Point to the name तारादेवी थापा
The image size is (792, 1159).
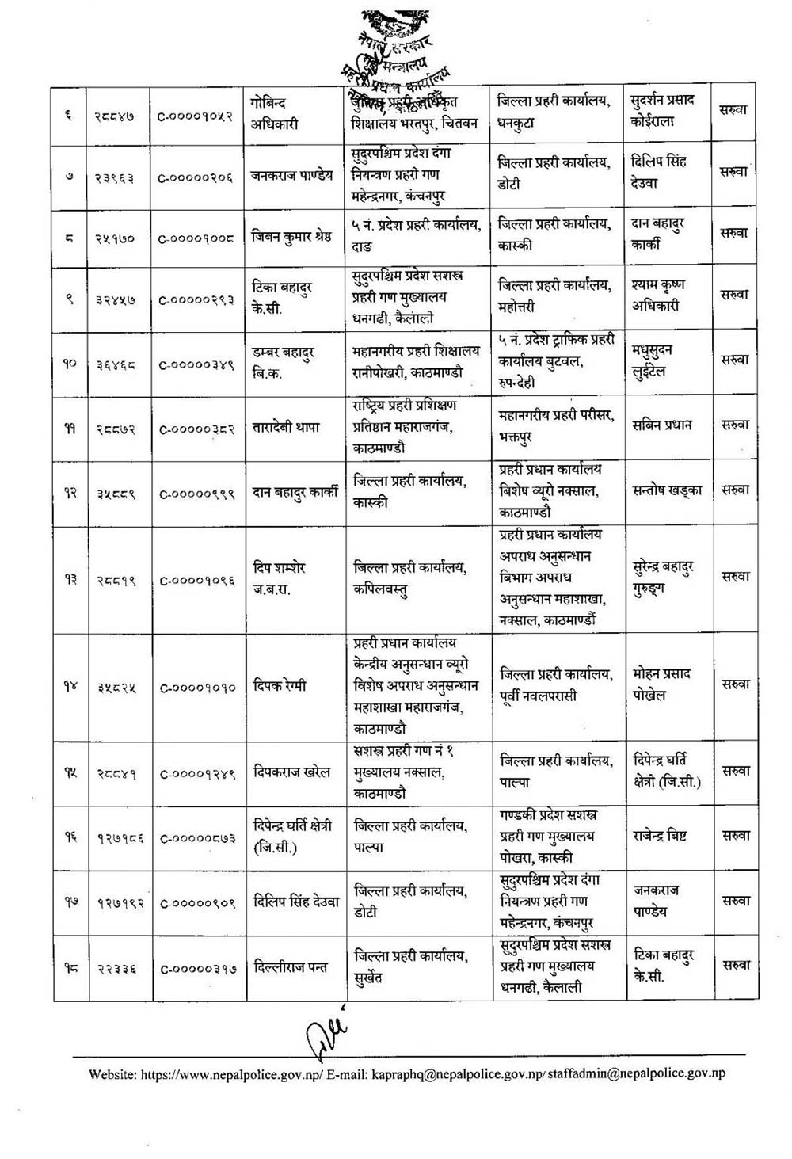pyautogui.click(x=286, y=427)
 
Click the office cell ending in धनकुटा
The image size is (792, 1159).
pyautogui.click(x=554, y=113)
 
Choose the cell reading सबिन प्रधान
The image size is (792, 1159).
pyautogui.click(x=662, y=425)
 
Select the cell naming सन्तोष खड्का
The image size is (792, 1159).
pyautogui.click(x=668, y=490)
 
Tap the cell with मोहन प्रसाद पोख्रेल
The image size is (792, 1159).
pyautogui.click(x=662, y=684)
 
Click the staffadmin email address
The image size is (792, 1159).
pyautogui.click(x=637, y=1074)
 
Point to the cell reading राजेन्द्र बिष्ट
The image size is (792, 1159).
pyautogui.click(x=659, y=836)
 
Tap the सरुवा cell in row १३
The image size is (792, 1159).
pyautogui.click(x=735, y=577)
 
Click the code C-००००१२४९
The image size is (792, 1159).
pyautogui.click(x=196, y=773)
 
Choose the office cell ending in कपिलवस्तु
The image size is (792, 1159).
pyautogui.click(x=410, y=578)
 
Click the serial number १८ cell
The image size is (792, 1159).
pyautogui.click(x=70, y=967)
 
